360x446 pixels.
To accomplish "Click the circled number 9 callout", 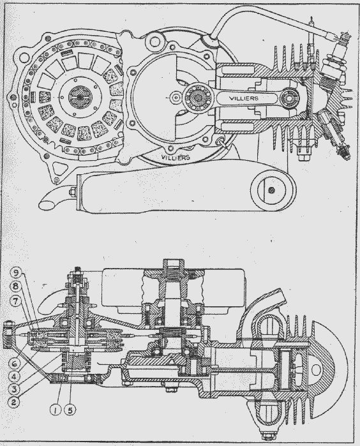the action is coord(16,274).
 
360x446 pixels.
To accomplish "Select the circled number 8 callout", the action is coord(16,286).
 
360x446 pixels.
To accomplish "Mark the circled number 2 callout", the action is coord(16,394).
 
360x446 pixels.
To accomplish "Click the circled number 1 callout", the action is coord(56,410).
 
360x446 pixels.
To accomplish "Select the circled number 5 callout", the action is coord(70,410).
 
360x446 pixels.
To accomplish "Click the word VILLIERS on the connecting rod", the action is coord(244,98).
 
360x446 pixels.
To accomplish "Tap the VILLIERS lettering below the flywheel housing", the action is coord(176,157).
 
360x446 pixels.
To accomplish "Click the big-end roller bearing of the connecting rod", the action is coord(197,98).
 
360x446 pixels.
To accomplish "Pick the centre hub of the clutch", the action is coord(80,97).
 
